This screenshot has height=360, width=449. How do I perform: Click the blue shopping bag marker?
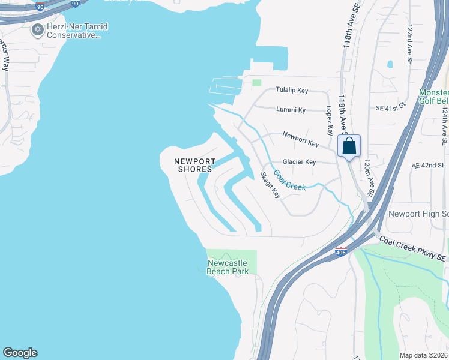coord(349,146)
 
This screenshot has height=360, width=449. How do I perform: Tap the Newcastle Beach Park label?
coord(228,267)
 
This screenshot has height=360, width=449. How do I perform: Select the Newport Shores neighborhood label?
coord(194,165)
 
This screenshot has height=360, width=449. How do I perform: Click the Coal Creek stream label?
coord(289,181)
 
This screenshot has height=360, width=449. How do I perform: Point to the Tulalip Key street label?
coord(292,90)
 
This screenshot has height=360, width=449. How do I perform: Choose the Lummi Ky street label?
coord(291,110)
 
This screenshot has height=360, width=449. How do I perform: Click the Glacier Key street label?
coord(299,162)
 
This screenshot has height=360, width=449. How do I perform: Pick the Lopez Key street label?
coord(329,121)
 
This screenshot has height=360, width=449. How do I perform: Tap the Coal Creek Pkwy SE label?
coord(413,248)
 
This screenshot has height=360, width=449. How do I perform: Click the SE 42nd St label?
coord(427,165)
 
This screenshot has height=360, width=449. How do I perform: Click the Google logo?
coord(20,353)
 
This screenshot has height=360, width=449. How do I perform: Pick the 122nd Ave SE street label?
coord(410,44)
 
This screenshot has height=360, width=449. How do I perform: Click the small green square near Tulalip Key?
coord(257,83)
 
